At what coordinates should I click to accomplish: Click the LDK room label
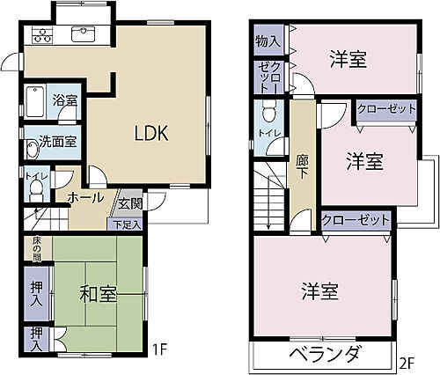tap(151, 133)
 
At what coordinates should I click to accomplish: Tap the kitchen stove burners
tap(42, 34)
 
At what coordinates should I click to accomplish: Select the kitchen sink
tap(83, 34)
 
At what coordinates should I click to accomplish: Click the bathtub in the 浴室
tap(35, 101)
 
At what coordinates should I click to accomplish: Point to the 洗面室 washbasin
tap(32, 149)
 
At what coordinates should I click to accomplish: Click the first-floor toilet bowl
tap(37, 190)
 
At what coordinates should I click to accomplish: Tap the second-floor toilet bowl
tap(269, 111)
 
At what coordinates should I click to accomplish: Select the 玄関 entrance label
tap(130, 204)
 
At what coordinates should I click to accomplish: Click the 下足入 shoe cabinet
tap(127, 224)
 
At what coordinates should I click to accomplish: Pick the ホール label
tap(86, 197)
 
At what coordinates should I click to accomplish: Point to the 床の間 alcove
tap(38, 249)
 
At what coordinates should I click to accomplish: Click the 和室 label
tap(99, 294)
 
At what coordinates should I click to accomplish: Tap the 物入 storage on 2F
tap(268, 40)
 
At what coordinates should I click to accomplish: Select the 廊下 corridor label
tap(303, 166)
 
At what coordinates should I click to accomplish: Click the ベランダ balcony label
tap(325, 355)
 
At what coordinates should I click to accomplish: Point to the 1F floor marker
tap(159, 349)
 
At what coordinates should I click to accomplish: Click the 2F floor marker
tap(407, 364)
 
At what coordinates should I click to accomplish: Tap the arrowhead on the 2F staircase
tap(268, 226)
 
